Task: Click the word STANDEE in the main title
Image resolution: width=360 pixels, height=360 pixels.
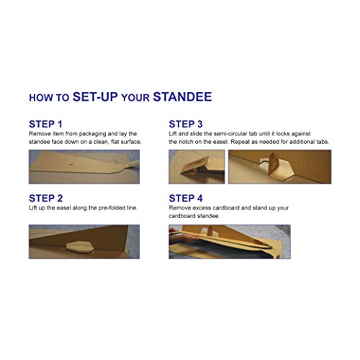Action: [182, 96]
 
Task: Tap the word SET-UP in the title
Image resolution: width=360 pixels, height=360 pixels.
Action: [95, 96]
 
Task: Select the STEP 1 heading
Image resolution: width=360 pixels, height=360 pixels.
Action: [45, 124]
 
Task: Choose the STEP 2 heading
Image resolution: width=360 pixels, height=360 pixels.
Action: [45, 198]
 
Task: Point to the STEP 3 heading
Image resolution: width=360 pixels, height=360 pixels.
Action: [186, 124]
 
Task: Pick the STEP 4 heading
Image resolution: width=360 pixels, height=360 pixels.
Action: [186, 198]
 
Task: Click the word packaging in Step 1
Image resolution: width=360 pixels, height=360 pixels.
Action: [92, 134]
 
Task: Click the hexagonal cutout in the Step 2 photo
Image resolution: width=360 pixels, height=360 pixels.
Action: [80, 247]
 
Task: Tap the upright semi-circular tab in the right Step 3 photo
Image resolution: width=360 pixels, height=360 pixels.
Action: [273, 163]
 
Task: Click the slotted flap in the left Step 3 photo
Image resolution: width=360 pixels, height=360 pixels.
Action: [196, 165]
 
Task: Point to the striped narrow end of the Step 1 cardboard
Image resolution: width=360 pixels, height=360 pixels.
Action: [131, 164]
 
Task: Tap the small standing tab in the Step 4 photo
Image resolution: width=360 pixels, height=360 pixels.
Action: [210, 230]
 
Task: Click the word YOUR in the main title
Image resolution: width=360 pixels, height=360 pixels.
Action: [135, 98]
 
